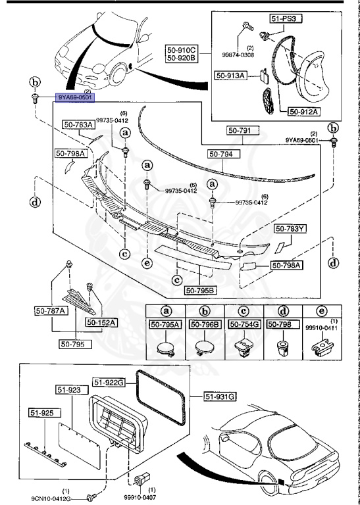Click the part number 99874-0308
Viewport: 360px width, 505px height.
click(x=249, y=55)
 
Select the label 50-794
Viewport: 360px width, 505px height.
click(x=224, y=154)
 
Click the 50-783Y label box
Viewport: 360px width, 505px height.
click(x=291, y=229)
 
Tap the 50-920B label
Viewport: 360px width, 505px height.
click(x=182, y=58)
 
